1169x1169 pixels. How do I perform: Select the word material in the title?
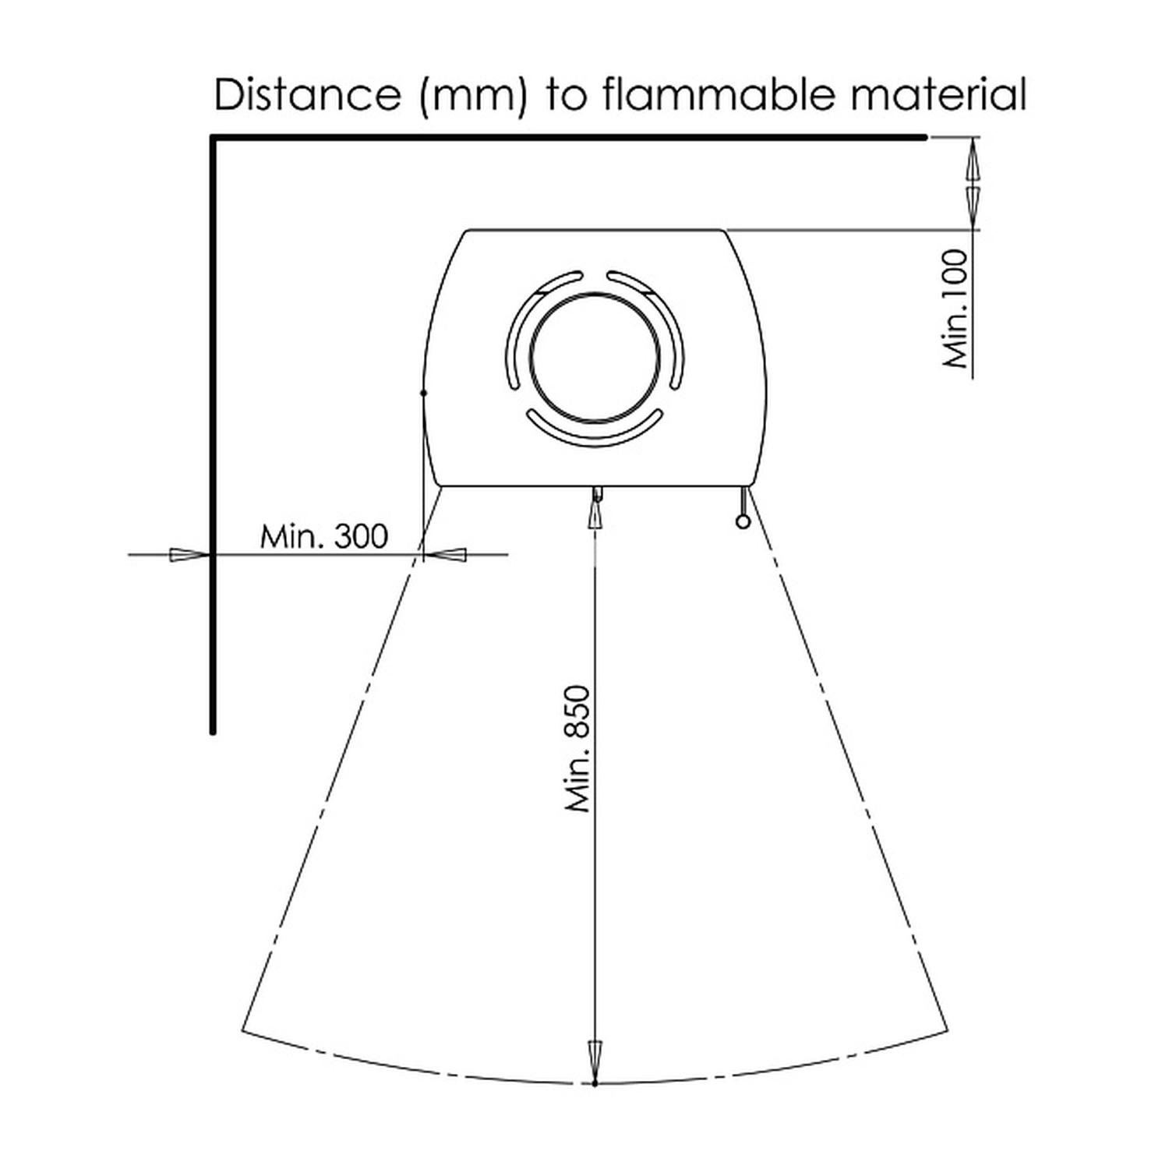(939, 95)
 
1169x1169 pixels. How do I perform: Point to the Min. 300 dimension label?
(323, 536)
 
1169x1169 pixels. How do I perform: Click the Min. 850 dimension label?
(579, 748)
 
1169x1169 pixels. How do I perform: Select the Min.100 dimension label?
(955, 309)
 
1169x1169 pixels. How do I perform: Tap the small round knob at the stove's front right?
(743, 522)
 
